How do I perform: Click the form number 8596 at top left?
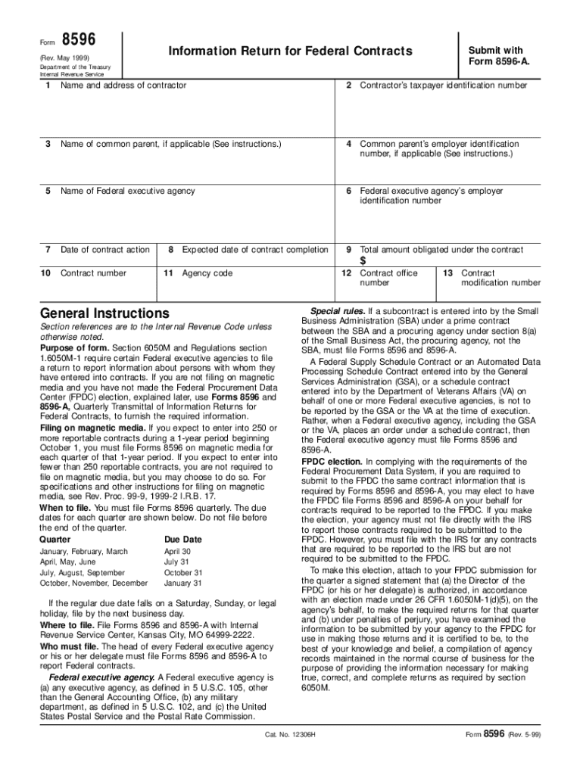(x=76, y=39)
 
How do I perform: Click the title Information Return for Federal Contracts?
(x=290, y=51)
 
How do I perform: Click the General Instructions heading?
(x=104, y=313)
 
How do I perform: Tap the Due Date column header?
(x=183, y=540)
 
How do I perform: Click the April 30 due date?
(x=177, y=552)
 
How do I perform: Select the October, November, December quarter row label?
(x=93, y=584)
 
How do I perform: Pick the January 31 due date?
(x=183, y=584)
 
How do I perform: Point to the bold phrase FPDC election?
(x=331, y=440)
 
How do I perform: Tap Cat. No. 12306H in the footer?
(x=290, y=735)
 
